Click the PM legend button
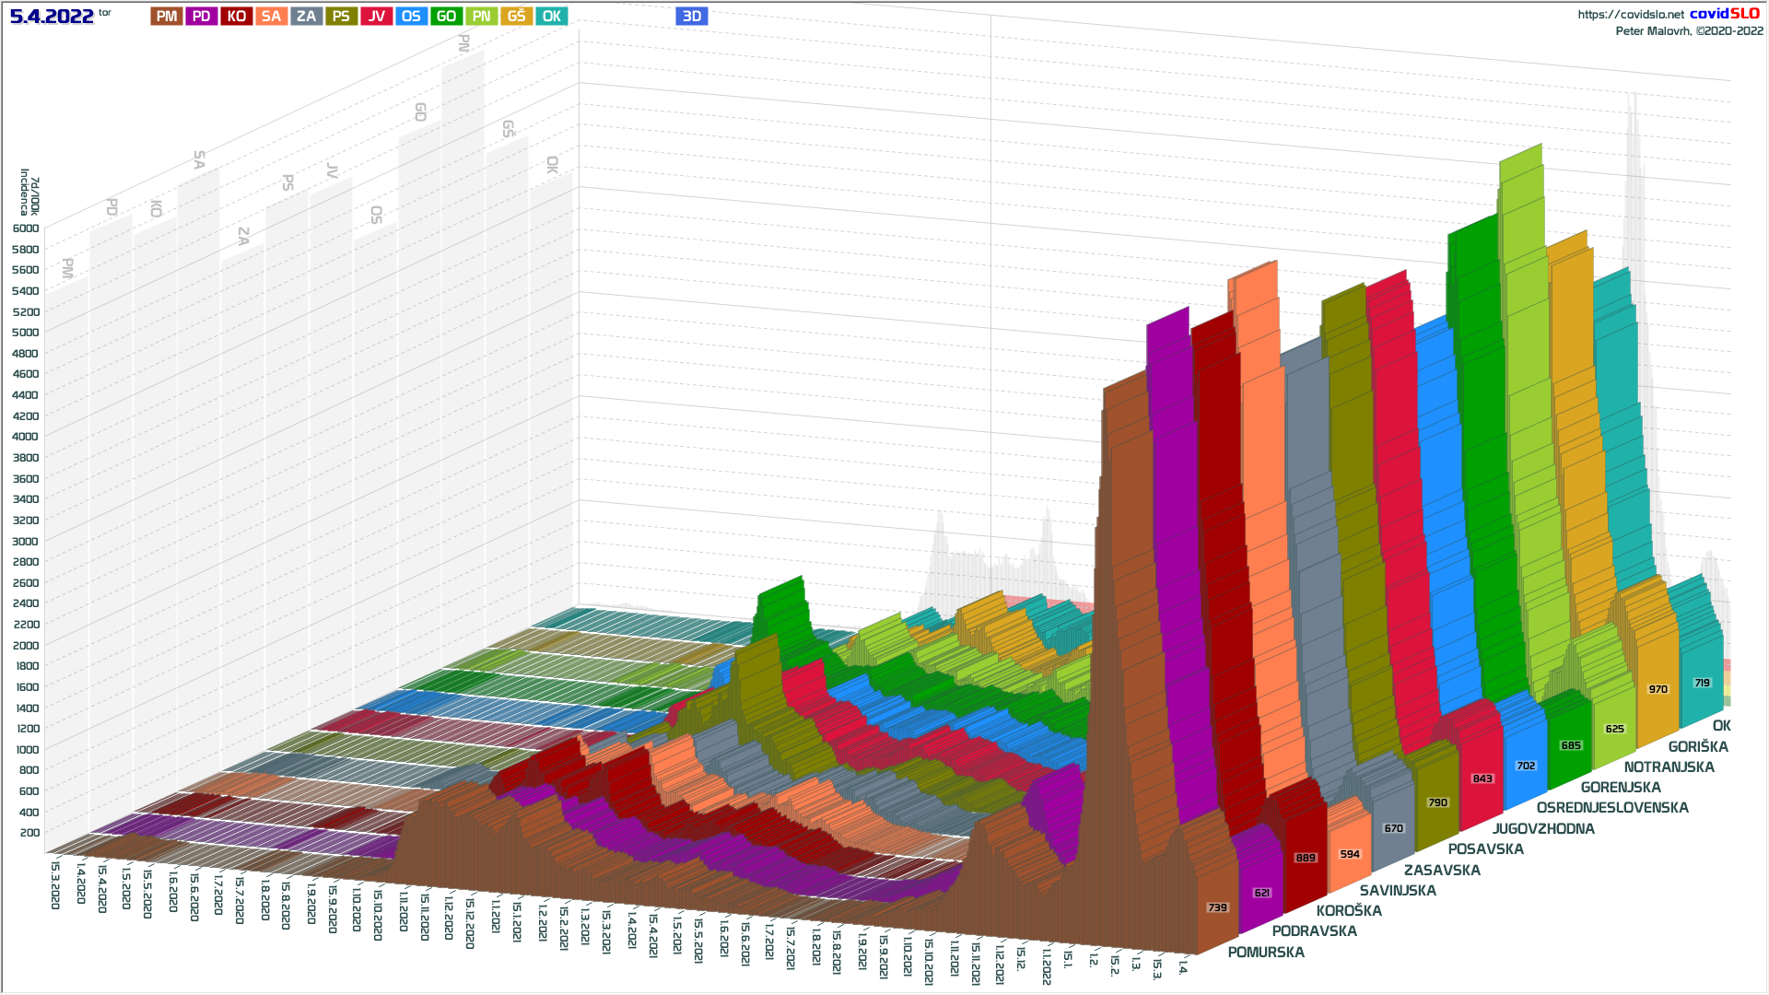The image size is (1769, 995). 167,17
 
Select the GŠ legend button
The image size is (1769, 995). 516,17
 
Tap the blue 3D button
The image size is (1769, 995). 692,17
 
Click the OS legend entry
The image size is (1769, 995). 411,17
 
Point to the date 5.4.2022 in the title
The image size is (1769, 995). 52,17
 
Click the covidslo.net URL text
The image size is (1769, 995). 1630,15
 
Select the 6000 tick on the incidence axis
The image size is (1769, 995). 26,228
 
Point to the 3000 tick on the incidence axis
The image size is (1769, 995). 26,542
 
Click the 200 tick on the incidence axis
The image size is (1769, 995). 29,833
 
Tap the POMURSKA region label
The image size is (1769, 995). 1266,953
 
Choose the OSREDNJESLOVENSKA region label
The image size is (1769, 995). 1612,808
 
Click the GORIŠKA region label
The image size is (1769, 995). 1698,747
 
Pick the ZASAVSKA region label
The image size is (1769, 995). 1442,871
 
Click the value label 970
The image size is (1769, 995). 1658,689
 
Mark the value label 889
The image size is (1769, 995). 1306,858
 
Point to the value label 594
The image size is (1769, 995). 1350,854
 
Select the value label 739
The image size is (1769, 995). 1218,907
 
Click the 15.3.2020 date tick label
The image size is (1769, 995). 55,884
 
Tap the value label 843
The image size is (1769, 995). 1482,778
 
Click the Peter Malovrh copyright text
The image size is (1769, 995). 1689,31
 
